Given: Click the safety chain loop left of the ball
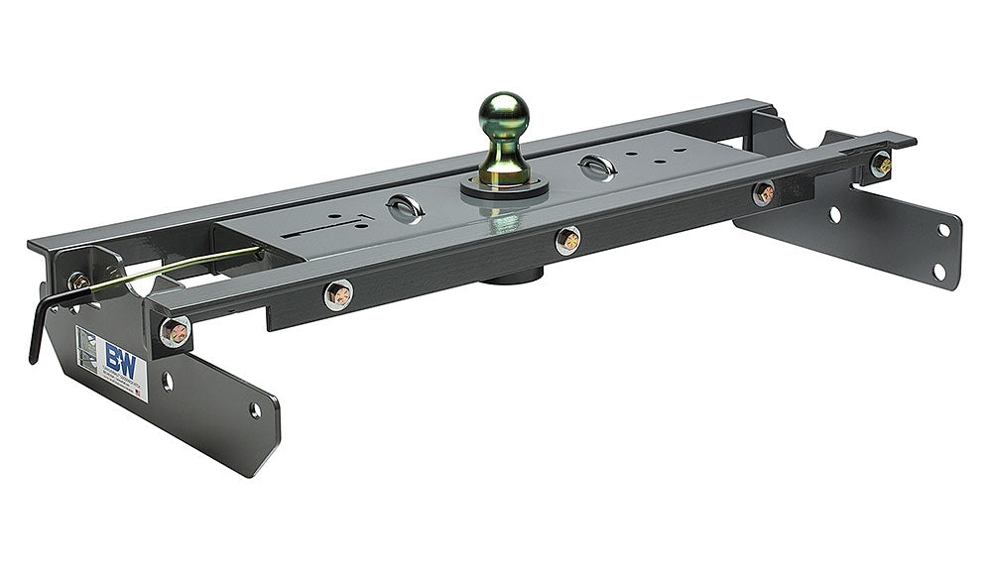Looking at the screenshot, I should pyautogui.click(x=405, y=207).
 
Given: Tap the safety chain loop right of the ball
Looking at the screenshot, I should pyautogui.click(x=597, y=168).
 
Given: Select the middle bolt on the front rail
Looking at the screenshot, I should pyautogui.click(x=567, y=240).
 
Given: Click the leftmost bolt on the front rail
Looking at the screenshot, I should pyautogui.click(x=338, y=294).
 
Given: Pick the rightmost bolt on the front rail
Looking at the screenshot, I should pyautogui.click(x=763, y=193).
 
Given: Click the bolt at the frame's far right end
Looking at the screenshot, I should pyautogui.click(x=880, y=164).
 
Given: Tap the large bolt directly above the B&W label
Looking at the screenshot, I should pyautogui.click(x=175, y=331).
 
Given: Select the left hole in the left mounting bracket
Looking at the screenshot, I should pyautogui.click(x=166, y=381).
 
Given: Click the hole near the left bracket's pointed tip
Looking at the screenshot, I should pyautogui.click(x=255, y=410).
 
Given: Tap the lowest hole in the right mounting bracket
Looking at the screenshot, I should pyautogui.click(x=936, y=270).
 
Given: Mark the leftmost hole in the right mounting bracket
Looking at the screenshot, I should pyautogui.click(x=834, y=214).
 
